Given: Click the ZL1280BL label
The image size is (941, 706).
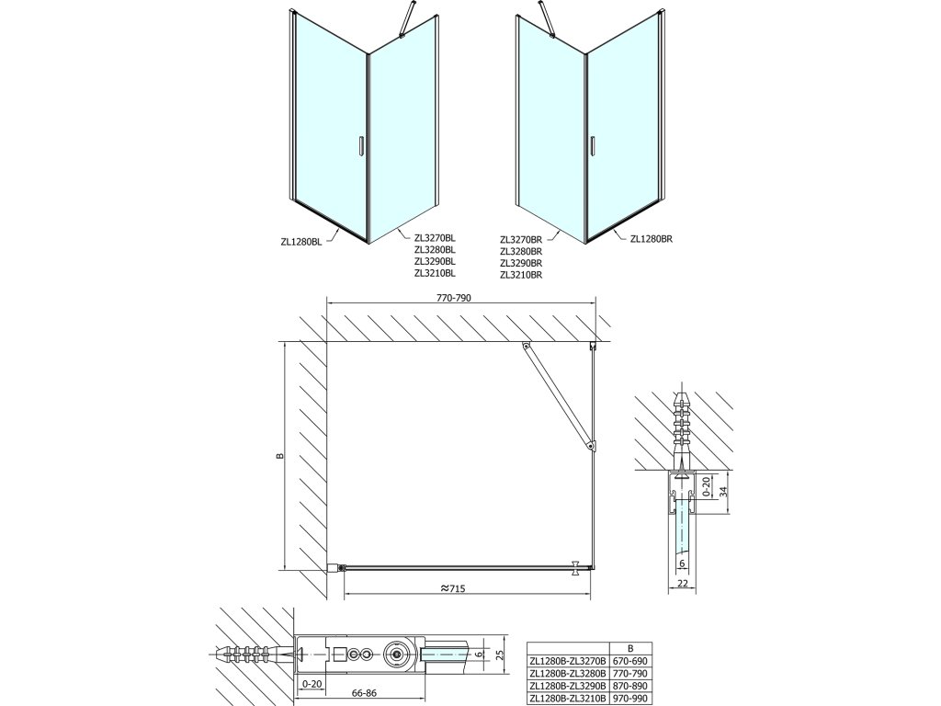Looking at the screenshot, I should click(301, 242).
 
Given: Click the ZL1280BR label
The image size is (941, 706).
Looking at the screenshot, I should click(652, 239).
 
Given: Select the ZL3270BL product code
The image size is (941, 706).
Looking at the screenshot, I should click(435, 236).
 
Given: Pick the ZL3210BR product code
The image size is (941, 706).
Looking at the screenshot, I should click(521, 275).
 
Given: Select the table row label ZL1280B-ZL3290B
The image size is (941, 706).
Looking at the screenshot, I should click(571, 685).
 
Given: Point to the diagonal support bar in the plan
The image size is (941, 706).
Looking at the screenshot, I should click(559, 396).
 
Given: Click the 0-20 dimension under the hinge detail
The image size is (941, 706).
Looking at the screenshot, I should click(311, 683).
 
